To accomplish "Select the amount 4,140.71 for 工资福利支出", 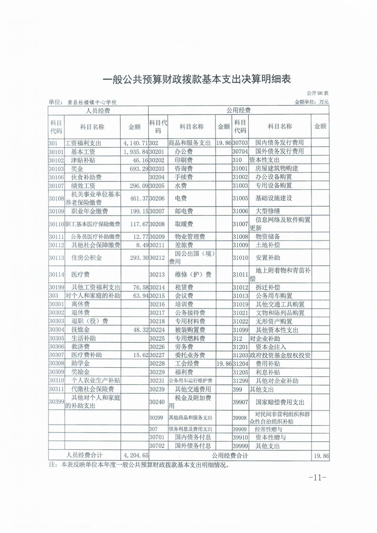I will click(x=135, y=143).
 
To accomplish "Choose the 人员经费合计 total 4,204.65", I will click(x=135, y=456).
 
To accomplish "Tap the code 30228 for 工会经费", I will click(x=156, y=363).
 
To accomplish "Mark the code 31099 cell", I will click(x=240, y=330).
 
